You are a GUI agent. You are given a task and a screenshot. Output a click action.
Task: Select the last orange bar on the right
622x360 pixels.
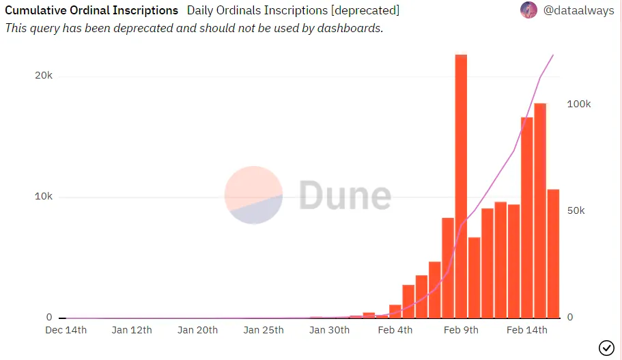click(553, 253)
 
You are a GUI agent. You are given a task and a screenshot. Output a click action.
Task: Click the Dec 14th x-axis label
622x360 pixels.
click(66, 331)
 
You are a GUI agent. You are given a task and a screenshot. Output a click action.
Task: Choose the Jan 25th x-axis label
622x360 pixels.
click(264, 331)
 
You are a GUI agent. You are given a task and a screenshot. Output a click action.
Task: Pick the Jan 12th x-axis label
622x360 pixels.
click(132, 331)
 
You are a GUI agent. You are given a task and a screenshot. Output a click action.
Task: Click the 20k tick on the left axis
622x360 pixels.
click(44, 76)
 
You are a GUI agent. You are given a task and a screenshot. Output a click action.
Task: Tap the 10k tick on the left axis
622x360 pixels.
click(44, 197)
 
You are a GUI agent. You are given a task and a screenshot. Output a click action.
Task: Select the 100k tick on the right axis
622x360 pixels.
click(579, 105)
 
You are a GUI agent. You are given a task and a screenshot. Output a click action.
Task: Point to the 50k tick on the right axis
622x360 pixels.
click(576, 210)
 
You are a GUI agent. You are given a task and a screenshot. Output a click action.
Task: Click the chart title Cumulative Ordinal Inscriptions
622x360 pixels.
click(91, 11)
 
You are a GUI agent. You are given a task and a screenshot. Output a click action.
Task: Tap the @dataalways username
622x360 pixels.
click(578, 11)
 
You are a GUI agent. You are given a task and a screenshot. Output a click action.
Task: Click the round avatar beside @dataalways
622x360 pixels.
click(528, 10)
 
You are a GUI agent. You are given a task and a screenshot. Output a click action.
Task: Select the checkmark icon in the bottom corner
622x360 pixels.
click(606, 348)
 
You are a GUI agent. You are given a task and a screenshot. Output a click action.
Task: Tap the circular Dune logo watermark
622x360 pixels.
click(253, 195)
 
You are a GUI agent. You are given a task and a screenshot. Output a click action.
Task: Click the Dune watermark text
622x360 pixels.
click(345, 195)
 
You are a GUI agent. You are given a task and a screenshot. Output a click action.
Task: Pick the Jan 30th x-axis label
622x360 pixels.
click(330, 331)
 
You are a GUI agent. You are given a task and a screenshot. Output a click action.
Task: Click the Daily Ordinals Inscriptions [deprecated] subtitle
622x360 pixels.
click(293, 11)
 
